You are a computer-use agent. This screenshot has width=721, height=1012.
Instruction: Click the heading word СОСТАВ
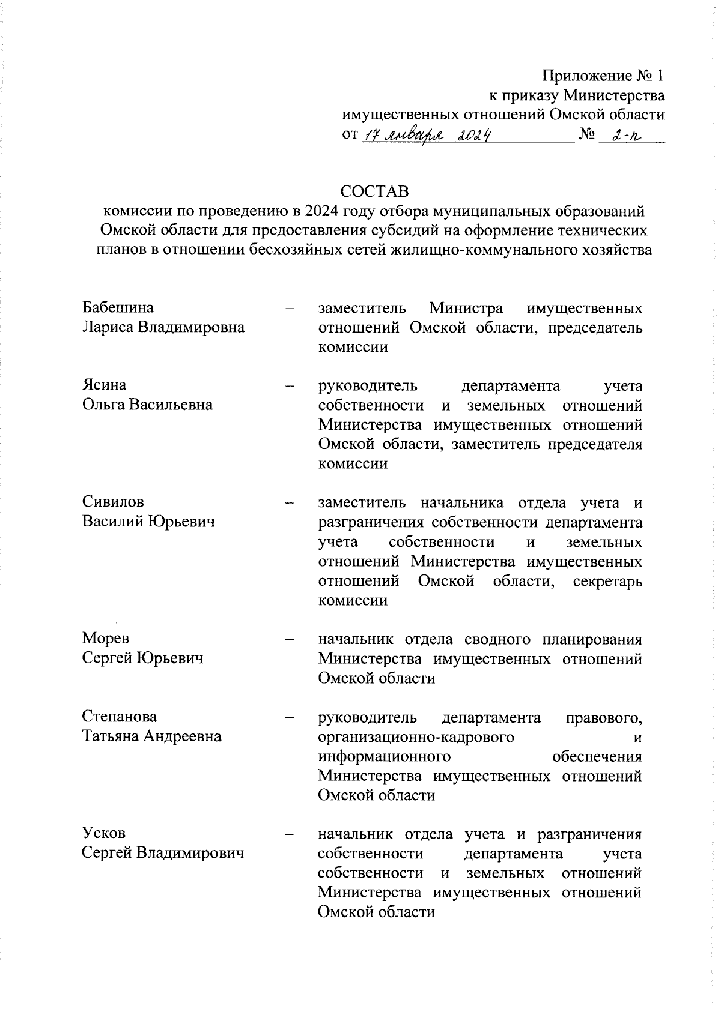click(374, 191)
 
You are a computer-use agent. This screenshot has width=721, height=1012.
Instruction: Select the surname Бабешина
click(118, 307)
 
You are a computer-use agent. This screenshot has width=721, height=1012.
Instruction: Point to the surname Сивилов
click(113, 501)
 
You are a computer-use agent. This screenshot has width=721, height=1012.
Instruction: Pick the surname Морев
click(106, 637)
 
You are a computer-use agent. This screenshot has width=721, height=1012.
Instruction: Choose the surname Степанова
click(120, 716)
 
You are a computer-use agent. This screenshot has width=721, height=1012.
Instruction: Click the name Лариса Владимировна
click(163, 327)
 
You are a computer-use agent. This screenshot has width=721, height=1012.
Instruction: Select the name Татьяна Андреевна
click(152, 736)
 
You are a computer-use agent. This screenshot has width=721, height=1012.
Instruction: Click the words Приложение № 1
click(603, 76)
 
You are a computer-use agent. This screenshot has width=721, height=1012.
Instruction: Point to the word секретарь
click(607, 581)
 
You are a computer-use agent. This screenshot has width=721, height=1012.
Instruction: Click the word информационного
click(385, 756)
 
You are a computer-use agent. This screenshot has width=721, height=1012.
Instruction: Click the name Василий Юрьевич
click(148, 521)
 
